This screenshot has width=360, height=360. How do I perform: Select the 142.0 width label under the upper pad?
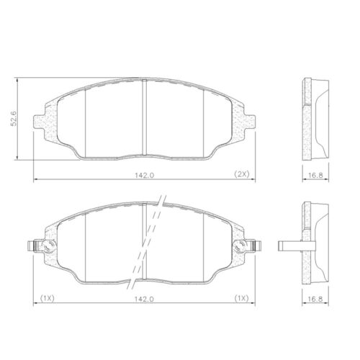coord(144,174)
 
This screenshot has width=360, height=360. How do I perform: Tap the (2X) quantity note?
coord(241,174)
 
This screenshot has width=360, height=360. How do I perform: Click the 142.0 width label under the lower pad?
coord(144,297)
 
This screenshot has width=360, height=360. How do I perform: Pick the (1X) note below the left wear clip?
coord(48,297)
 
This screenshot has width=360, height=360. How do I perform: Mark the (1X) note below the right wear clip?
coord(241,297)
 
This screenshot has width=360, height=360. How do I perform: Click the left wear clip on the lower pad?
coord(39,247)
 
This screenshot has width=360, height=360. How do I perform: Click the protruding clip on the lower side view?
coord(288,246)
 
